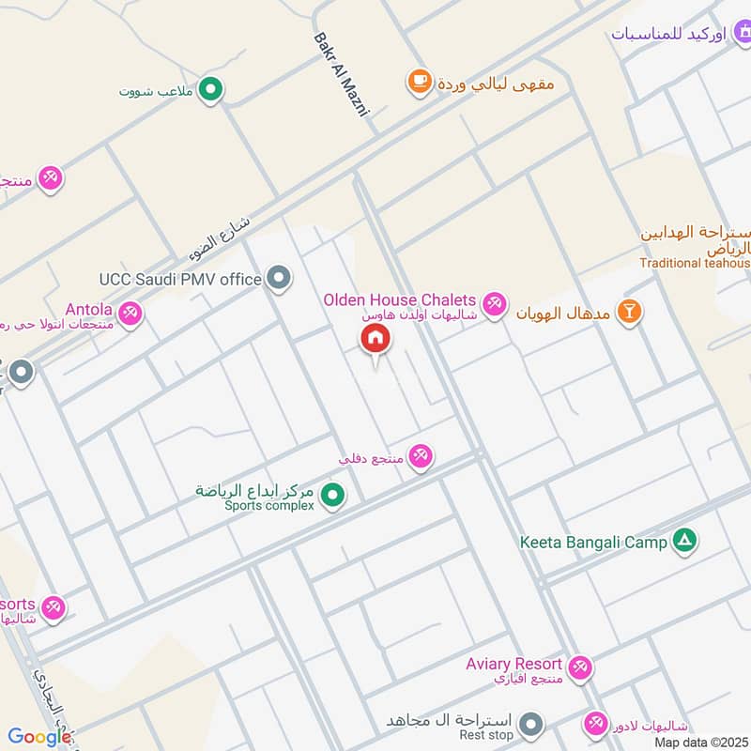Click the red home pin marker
(x=375, y=340)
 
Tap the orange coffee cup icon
(x=419, y=82)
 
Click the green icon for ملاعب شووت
(x=212, y=90)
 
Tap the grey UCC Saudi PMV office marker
(x=278, y=278)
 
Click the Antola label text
(x=88, y=309)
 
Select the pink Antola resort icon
(x=130, y=314)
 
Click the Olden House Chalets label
(x=399, y=299)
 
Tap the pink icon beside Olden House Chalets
(x=494, y=304)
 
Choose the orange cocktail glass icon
(x=631, y=312)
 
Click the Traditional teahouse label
(x=696, y=264)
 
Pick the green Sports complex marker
(x=332, y=494)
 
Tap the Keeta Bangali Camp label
(x=593, y=542)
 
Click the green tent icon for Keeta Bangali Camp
(x=686, y=540)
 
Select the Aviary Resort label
(x=513, y=665)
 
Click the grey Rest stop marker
(x=532, y=724)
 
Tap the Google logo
(x=38, y=737)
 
